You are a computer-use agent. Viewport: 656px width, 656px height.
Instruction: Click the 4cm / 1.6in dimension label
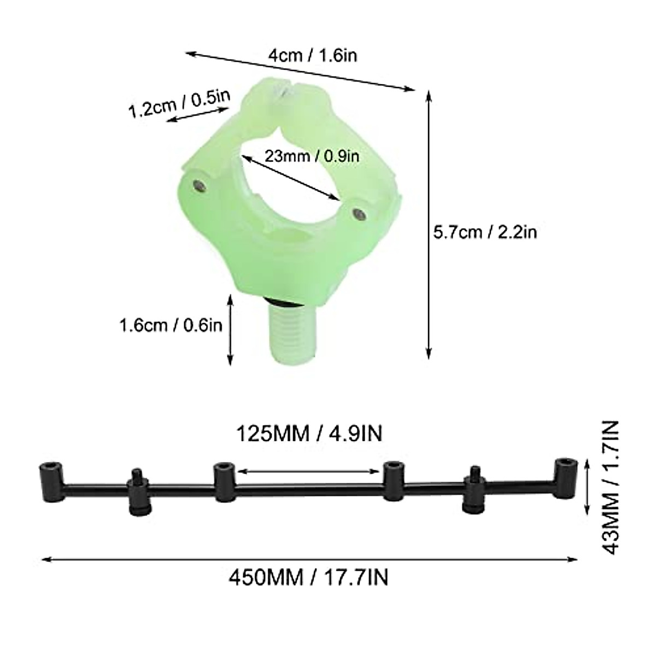312,55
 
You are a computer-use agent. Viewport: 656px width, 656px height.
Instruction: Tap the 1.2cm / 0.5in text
179,103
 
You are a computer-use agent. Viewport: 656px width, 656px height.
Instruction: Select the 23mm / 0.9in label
312,156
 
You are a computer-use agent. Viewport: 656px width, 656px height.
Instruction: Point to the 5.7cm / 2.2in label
485,232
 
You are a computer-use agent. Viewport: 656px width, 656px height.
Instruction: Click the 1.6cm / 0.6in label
171,325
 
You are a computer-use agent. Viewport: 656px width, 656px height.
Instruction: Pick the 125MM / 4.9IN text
309,434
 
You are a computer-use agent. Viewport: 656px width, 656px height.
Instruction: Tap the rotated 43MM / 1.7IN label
611,487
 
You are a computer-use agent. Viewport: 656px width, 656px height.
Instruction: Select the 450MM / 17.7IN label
309,577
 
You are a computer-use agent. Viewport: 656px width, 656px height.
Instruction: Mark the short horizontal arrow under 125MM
309,470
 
